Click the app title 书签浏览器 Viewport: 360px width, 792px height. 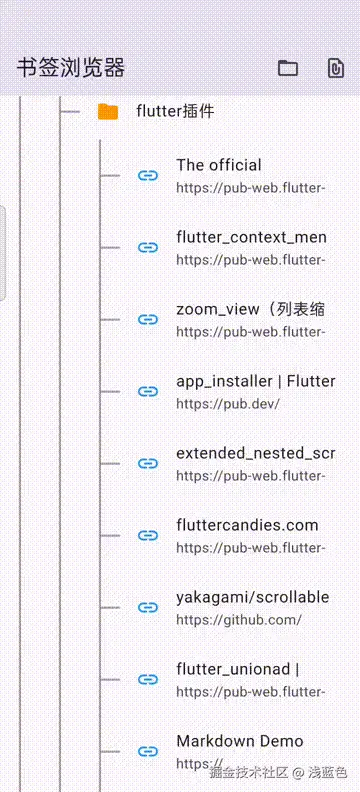71,68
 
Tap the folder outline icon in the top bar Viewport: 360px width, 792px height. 288,68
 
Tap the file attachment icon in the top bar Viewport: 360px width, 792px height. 336,68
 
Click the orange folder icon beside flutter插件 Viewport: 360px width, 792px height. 108,112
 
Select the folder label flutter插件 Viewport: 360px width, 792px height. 175,112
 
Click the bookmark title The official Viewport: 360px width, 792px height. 219,165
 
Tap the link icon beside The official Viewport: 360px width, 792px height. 148,176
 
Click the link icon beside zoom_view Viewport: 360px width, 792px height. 148,320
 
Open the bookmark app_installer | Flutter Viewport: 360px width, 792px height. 255,381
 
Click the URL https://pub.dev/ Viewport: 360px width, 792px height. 228,404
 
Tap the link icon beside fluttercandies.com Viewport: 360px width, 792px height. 148,536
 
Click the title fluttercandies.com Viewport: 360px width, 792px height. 247,525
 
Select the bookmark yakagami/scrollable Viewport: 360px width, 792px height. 252,597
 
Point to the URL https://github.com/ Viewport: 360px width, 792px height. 239,620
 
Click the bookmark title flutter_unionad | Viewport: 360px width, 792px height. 237,669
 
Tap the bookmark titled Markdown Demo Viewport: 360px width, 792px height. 240,741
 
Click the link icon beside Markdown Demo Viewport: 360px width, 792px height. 148,752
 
